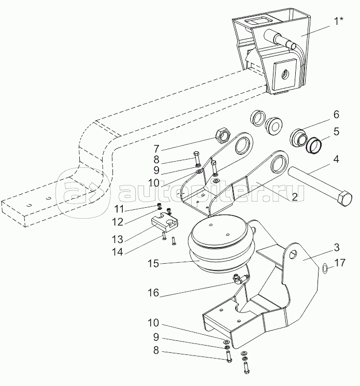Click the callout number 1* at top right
[x=338, y=21]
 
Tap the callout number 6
[x=336, y=115]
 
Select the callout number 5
[x=336, y=132]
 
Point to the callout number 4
[x=336, y=159]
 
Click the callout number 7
[x=156, y=149]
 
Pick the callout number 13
[x=118, y=239]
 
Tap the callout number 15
[x=153, y=264]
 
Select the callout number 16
[x=153, y=293]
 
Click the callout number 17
[x=340, y=263]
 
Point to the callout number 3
[x=337, y=248]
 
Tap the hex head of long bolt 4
[x=344, y=198]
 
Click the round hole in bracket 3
[x=293, y=254]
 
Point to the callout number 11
[x=119, y=209]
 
